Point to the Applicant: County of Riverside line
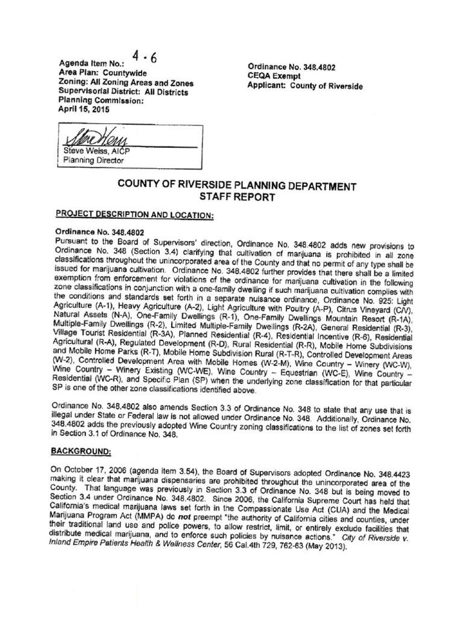pyautogui.click(x=305, y=86)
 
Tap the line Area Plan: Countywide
pyautogui.click(x=98, y=72)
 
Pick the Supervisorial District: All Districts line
pyautogui.click(x=123, y=92)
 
